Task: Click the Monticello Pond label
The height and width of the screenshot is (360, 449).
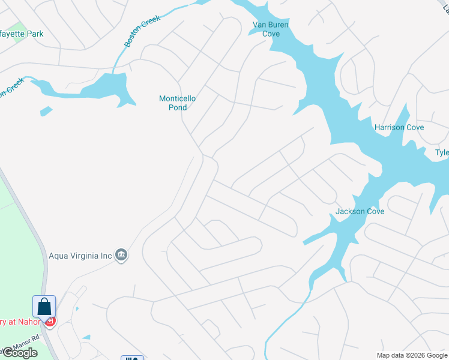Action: point(177,103)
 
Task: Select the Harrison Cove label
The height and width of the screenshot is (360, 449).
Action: point(399,127)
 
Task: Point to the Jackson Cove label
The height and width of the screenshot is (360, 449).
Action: point(360,211)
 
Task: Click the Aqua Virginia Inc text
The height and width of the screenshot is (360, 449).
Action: point(81,256)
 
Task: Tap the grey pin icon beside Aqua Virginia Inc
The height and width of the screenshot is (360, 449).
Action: point(121,256)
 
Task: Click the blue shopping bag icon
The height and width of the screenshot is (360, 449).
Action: point(44,307)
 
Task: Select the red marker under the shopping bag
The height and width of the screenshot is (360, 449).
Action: point(50,322)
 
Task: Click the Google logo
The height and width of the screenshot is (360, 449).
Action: point(19,353)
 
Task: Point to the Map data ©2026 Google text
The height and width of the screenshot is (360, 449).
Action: point(412,355)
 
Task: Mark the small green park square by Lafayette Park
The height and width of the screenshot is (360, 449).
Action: point(19,26)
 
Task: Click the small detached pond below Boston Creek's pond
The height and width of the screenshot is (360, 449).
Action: point(46,111)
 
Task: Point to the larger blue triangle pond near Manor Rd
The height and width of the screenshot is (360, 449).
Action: point(86,337)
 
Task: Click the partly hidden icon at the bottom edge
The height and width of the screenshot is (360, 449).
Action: point(132,358)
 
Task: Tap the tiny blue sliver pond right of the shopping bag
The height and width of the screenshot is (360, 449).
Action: point(77,308)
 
